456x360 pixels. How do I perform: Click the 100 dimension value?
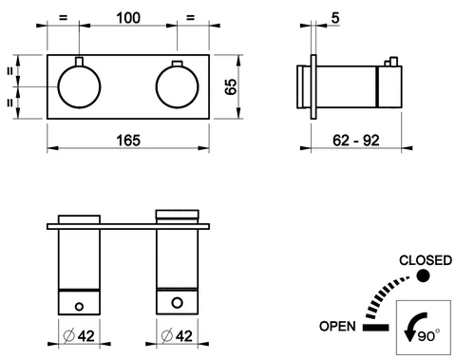(128, 18)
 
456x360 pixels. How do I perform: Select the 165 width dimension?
(128, 141)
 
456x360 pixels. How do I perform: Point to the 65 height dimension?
(231, 86)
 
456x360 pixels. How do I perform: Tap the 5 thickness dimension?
(335, 18)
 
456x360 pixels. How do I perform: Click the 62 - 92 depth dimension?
(356, 141)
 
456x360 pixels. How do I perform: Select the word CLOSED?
(426, 260)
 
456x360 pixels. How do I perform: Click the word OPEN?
(337, 326)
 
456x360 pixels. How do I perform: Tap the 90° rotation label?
(428, 335)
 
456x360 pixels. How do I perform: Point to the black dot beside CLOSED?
(423, 275)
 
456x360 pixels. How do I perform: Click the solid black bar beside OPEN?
(375, 328)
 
